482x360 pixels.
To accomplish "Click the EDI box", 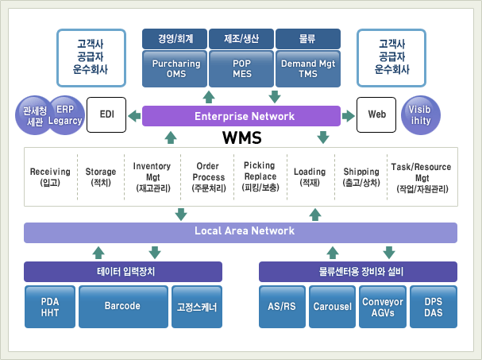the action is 106,114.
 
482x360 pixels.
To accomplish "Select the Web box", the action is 376,114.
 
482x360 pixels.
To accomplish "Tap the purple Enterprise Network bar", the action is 241,116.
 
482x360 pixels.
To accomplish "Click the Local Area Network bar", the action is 241,233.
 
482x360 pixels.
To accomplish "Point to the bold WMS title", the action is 242,137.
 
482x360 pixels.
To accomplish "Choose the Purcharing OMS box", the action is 175,68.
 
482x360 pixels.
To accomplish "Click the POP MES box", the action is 241,68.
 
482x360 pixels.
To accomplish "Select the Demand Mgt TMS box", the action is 308,68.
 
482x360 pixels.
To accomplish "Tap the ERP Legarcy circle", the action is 66,115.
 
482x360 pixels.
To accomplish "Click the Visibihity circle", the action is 421,115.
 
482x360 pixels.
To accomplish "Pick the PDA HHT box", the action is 50,307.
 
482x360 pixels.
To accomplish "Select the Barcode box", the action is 123,307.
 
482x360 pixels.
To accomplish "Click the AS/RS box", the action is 282,307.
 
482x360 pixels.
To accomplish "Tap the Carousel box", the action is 332,307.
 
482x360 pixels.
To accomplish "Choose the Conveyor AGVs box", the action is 383,307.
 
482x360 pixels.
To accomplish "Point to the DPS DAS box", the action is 434,307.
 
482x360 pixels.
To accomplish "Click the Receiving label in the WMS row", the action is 50,172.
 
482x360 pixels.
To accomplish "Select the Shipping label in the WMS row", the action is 361,172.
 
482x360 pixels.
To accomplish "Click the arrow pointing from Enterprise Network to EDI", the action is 134,116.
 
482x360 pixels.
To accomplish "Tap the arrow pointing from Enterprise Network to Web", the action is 349,116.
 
